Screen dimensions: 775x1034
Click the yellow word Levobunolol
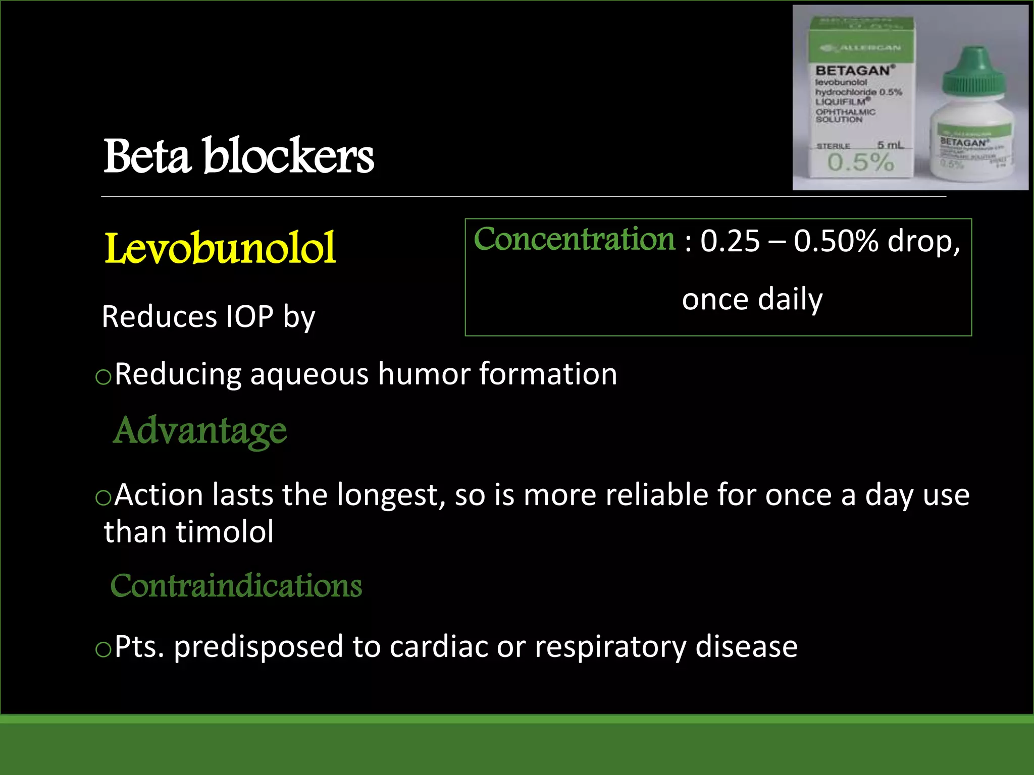pos(220,248)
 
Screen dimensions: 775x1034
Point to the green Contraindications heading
pos(236,586)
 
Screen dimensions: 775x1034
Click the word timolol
pos(225,532)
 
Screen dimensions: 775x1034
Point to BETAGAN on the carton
pos(853,71)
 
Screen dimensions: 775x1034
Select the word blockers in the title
pos(288,156)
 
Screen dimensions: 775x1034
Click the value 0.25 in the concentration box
pos(730,241)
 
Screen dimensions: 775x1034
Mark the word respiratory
pos(610,647)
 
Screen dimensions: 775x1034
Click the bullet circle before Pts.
pos(103,650)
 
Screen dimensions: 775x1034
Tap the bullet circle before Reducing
pos(103,377)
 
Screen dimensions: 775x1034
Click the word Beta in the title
pos(147,156)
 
